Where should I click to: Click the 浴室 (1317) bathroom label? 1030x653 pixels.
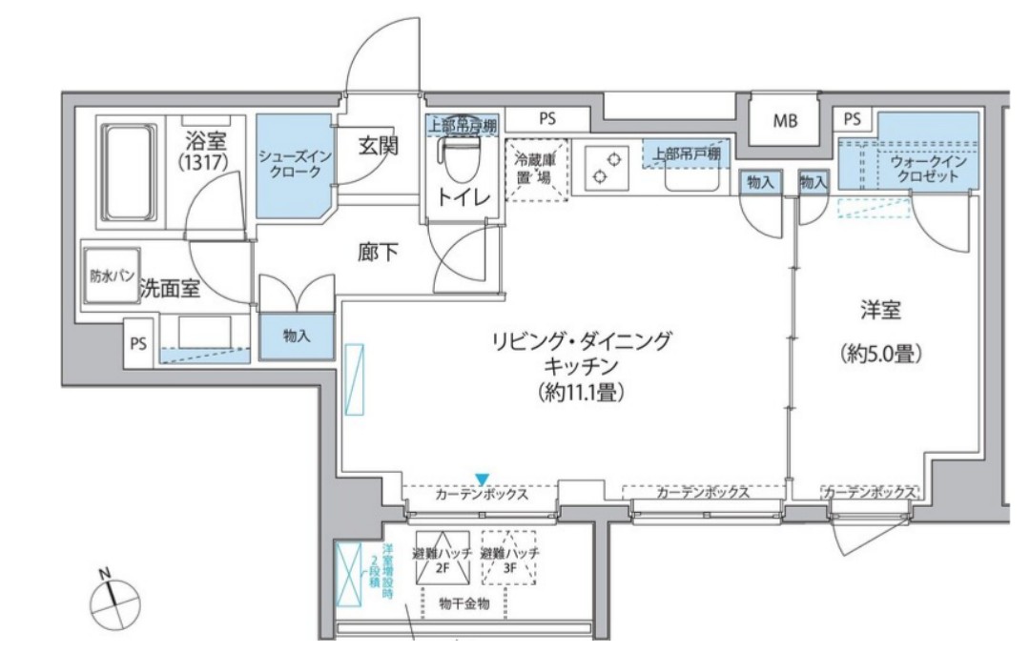click(202, 153)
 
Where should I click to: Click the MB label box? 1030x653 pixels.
click(784, 121)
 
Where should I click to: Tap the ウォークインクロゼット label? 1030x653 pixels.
click(928, 169)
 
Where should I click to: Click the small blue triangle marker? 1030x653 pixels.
click(483, 478)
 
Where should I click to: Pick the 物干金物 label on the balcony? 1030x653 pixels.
click(463, 604)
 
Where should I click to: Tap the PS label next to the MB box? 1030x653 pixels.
click(852, 119)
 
